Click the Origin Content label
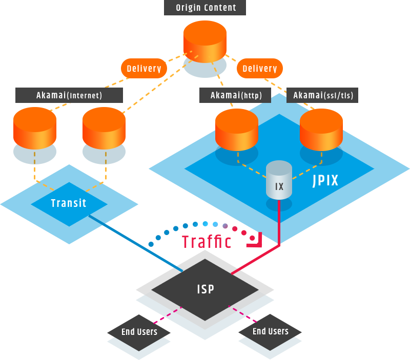[205, 8]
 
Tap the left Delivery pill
[143, 68]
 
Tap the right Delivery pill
[260, 68]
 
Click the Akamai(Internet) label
[69, 95]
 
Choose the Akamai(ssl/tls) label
[323, 95]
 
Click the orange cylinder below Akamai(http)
[236, 128]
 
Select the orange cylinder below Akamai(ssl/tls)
[321, 128]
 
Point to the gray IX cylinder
[279, 182]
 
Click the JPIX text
[325, 181]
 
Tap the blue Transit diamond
[69, 204]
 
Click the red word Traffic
[207, 241]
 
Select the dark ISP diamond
[205, 289]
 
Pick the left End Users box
[139, 332]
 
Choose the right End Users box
[270, 331]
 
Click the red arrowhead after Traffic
[256, 241]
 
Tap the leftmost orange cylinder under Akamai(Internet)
[34, 128]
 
